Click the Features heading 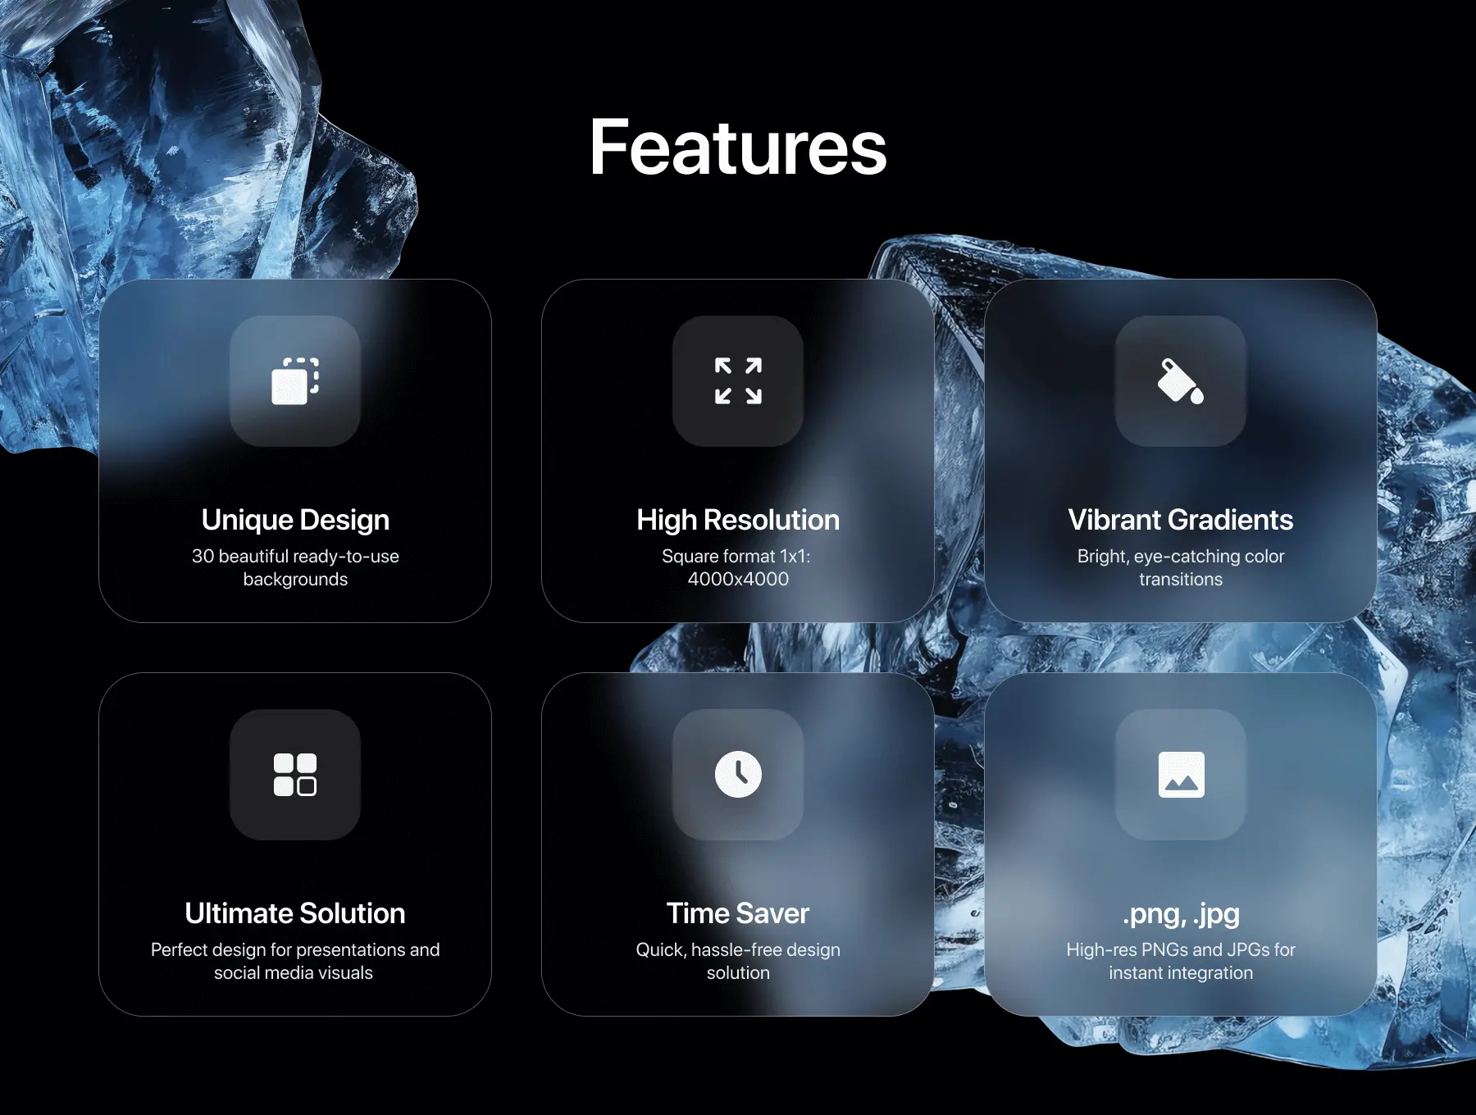pos(738,148)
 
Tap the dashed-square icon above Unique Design pos(295,381)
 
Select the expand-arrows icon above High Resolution pos(738,381)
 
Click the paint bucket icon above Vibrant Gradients pos(1181,381)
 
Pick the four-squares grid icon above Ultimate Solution pos(295,775)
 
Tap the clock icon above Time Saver pos(738,775)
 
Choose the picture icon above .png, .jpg pos(1181,775)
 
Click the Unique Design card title pos(295,520)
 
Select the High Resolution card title pos(738,520)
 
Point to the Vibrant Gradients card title pos(1181,520)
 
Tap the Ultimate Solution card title pos(295,913)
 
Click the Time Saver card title pos(738,913)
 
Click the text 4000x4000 pos(738,579)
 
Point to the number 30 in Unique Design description pos(203,556)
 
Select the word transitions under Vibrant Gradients pos(1181,579)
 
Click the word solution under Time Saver pos(738,972)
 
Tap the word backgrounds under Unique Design pos(295,580)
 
